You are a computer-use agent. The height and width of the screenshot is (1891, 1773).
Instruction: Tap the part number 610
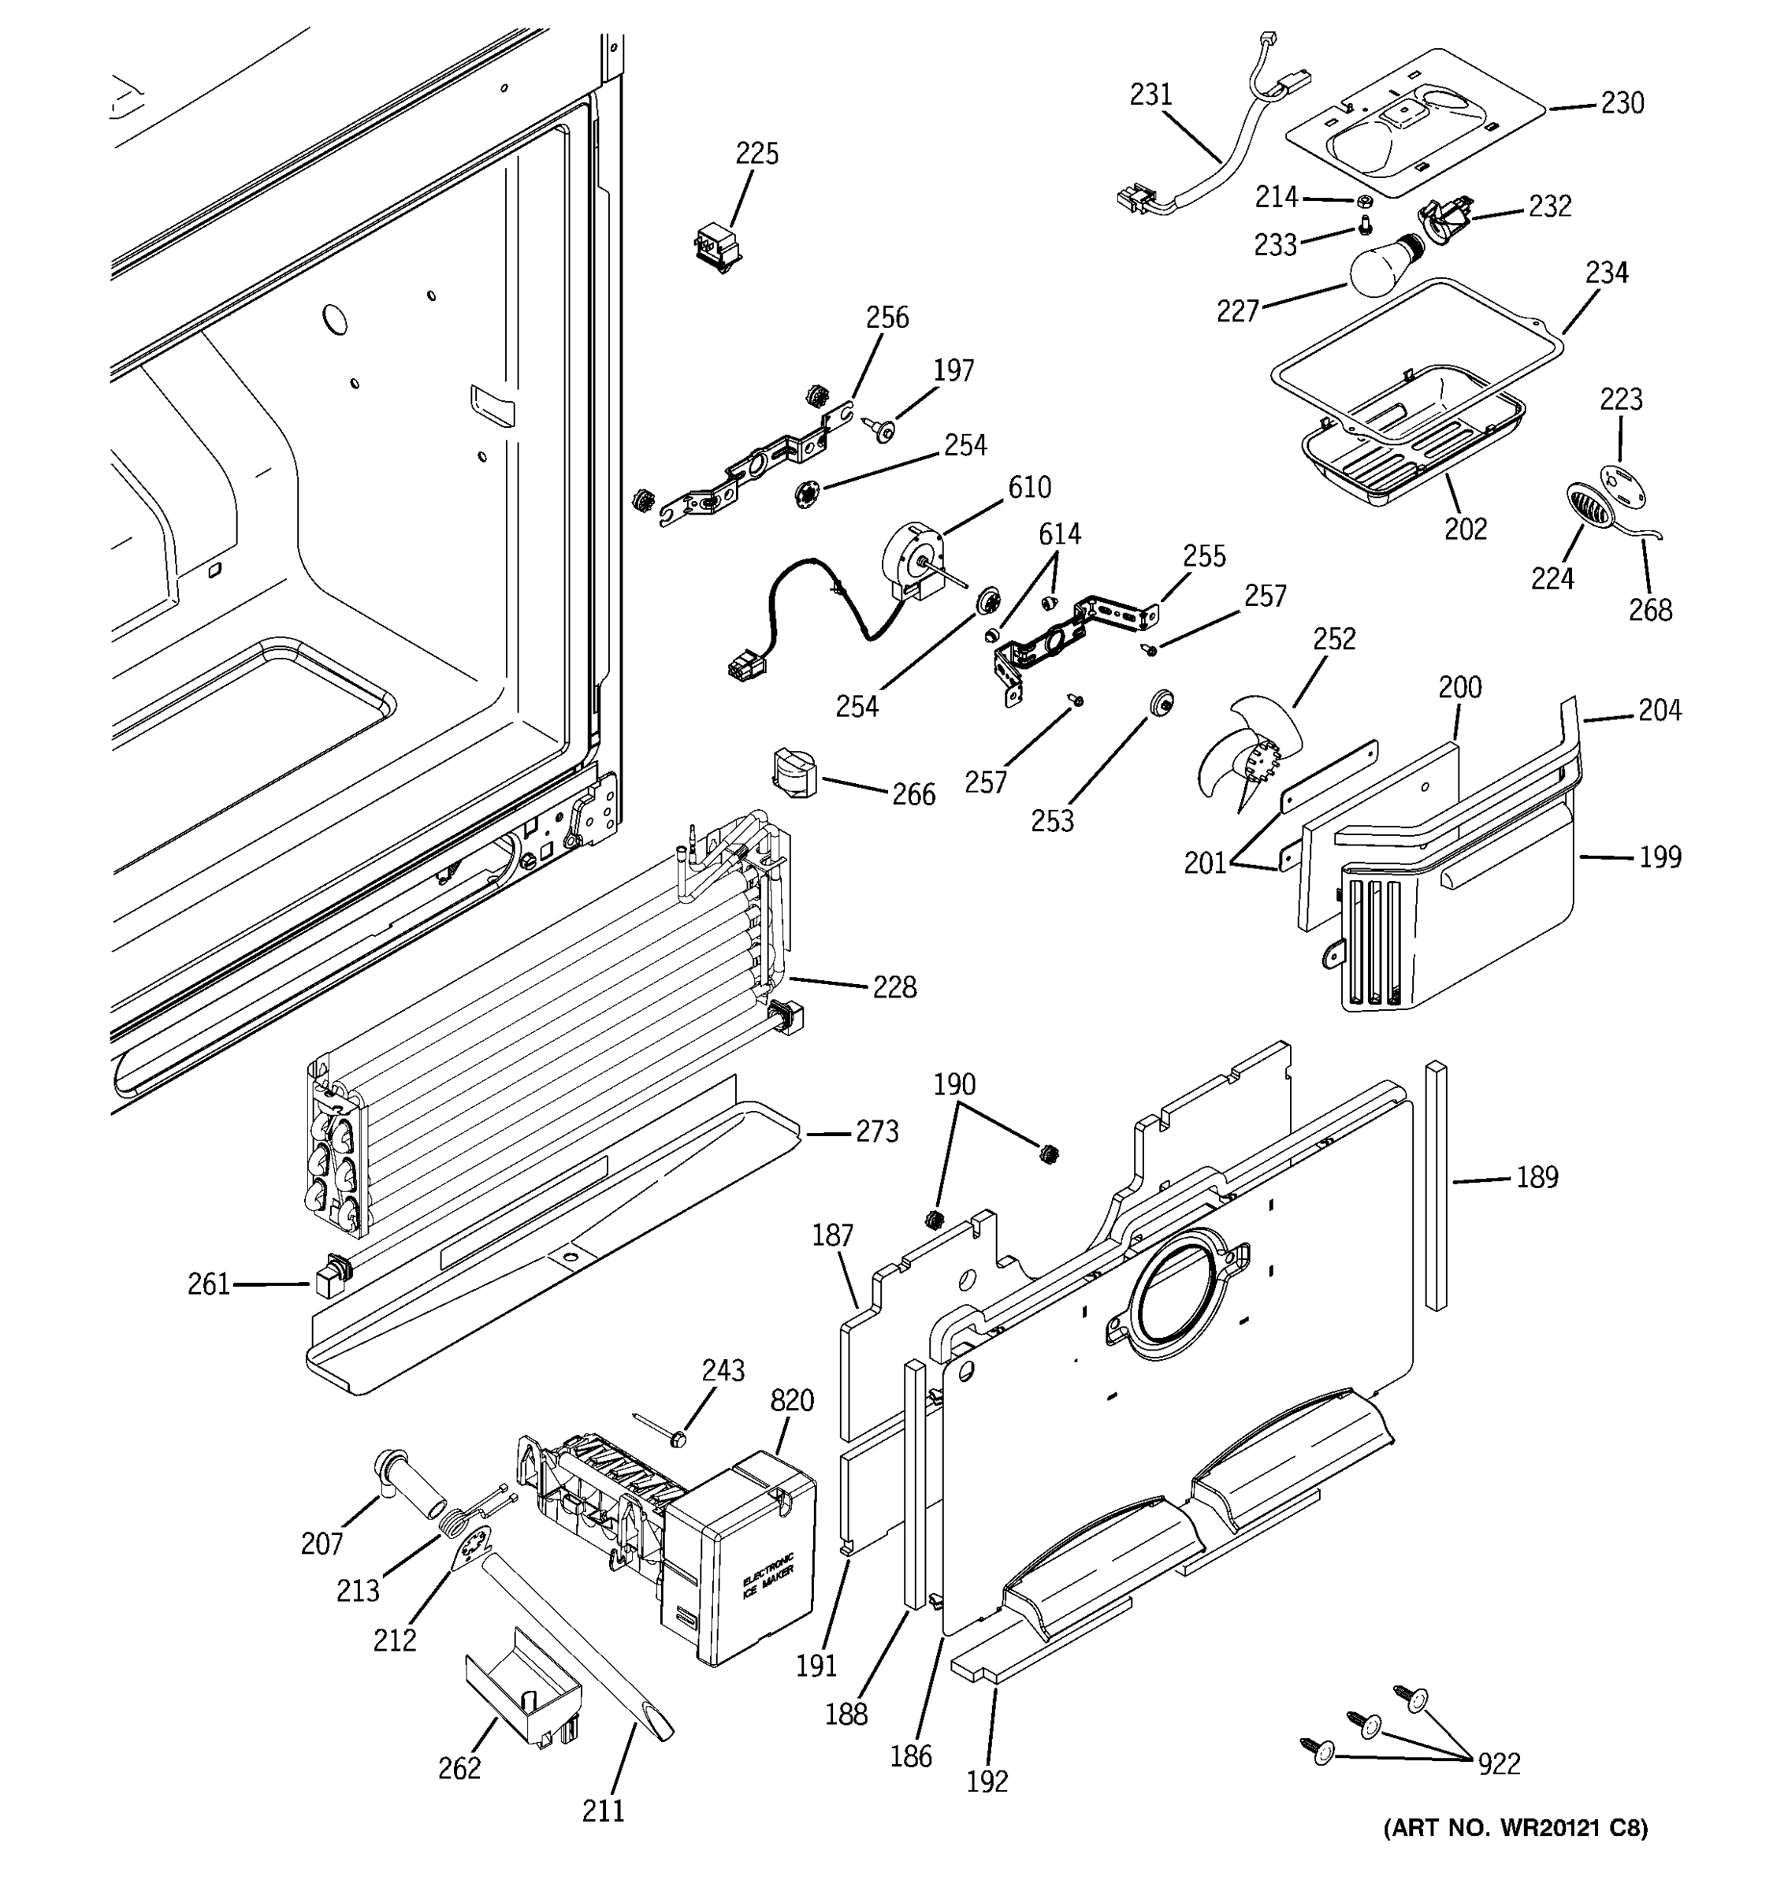1029,487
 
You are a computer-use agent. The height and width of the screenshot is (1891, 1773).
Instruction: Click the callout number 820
792,1400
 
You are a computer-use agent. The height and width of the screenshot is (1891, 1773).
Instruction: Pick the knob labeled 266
794,771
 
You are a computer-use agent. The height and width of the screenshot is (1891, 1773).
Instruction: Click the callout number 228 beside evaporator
894,987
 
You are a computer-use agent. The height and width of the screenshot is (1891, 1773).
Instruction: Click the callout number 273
876,1131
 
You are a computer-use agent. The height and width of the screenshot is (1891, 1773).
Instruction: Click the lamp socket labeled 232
1445,225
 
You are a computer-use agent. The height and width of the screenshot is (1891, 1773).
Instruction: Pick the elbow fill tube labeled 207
407,1484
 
